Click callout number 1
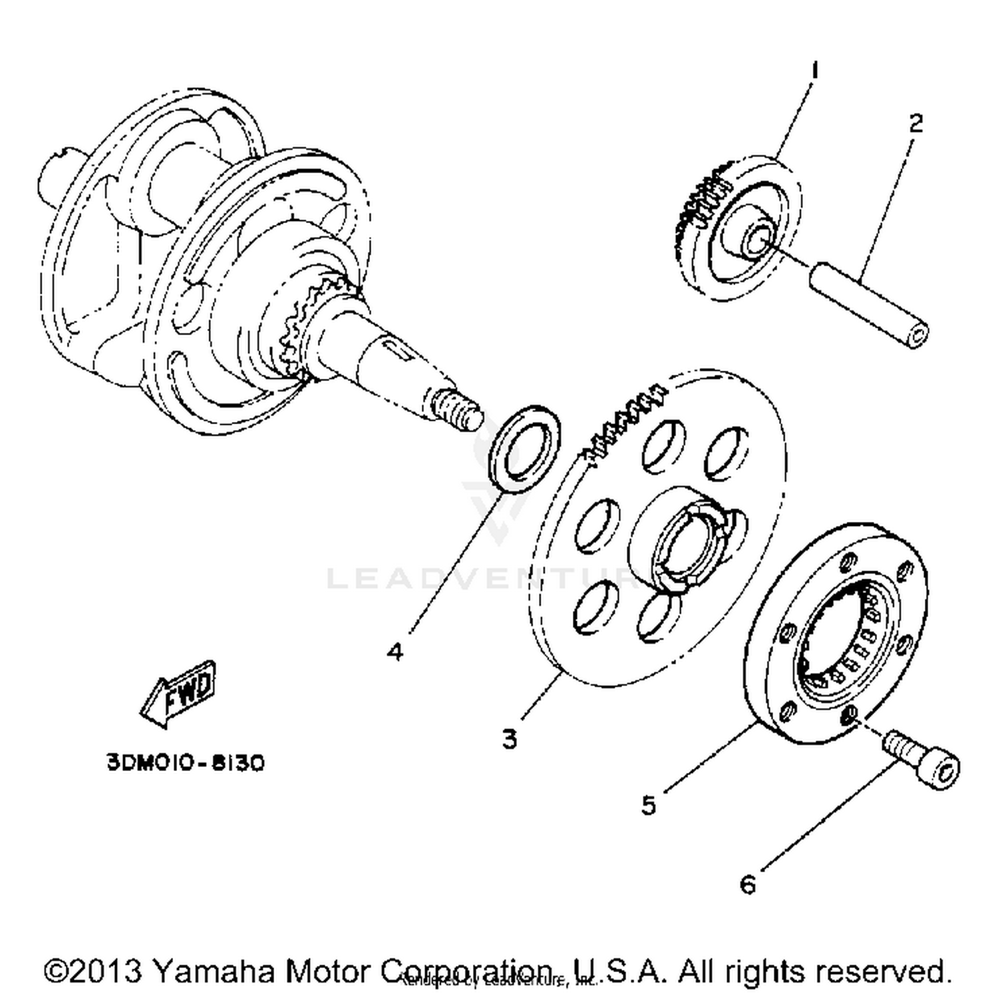[x=814, y=70]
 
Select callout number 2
[x=915, y=123]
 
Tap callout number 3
[x=509, y=738]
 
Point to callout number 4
[x=395, y=650]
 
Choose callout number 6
[x=748, y=885]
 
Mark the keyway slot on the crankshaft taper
[x=397, y=350]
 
